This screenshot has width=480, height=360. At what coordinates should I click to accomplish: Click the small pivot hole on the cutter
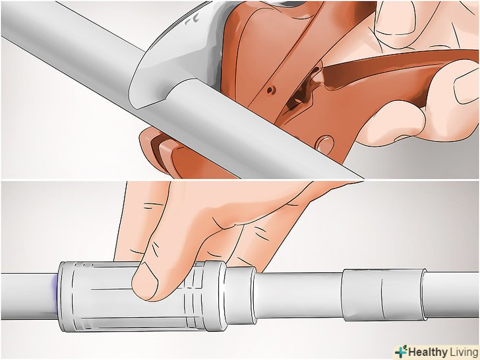270,90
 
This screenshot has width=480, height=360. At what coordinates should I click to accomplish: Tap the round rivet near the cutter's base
325,142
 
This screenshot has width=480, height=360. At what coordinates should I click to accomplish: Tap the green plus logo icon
401,351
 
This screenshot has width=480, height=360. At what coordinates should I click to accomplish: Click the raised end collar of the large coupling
216,295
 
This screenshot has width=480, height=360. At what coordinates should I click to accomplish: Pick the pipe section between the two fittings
299,295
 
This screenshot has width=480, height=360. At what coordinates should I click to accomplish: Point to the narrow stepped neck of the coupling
241,295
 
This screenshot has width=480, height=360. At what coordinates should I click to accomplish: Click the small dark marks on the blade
192,20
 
